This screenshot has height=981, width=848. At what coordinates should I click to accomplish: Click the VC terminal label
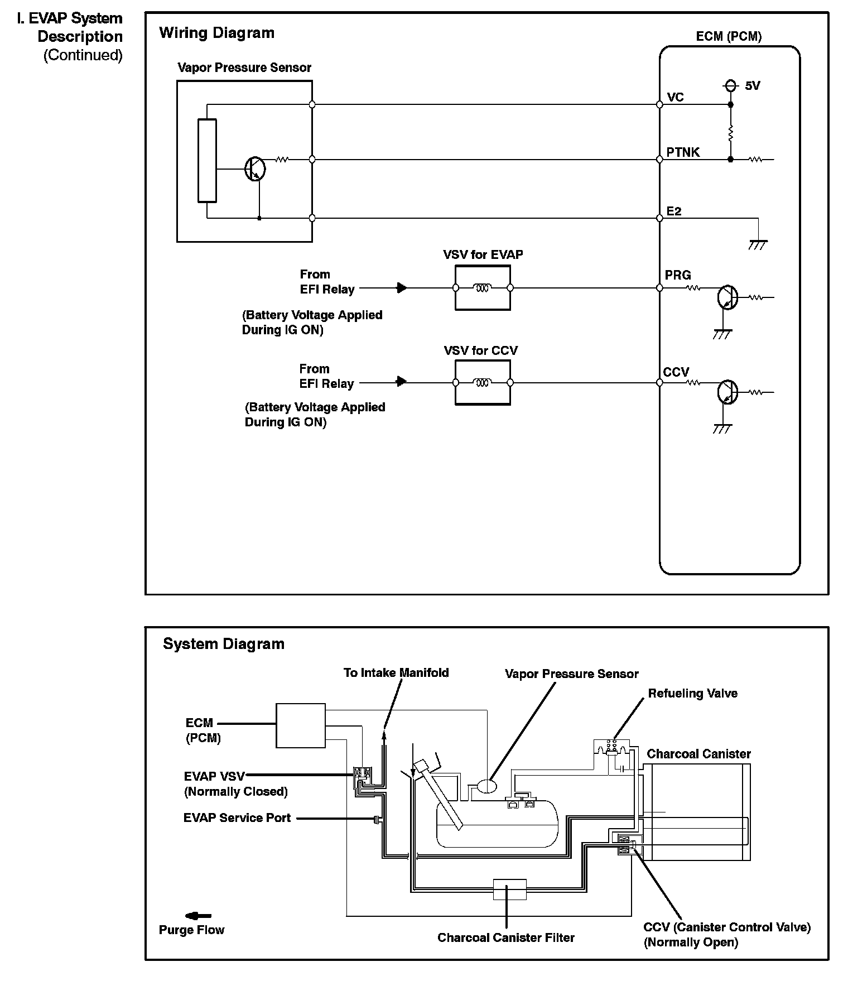[675, 97]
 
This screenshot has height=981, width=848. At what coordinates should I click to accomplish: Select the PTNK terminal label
[683, 152]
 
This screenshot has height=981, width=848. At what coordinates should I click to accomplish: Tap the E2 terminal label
[674, 211]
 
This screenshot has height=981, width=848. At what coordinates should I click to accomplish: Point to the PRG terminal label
[678, 275]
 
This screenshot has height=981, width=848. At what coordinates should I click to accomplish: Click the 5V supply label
[752, 86]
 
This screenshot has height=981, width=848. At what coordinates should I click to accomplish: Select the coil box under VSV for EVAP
[483, 288]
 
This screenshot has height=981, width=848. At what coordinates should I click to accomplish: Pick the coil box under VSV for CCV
[483, 383]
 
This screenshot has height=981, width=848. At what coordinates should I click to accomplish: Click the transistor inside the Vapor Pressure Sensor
[256, 169]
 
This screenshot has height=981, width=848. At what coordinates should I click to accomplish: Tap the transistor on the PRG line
[727, 297]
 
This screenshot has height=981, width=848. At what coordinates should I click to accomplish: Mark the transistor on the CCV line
[727, 392]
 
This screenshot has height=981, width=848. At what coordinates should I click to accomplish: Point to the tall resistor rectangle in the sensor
[207, 161]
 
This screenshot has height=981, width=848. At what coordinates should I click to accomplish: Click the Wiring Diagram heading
[216, 33]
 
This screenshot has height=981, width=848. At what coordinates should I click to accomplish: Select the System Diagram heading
[223, 644]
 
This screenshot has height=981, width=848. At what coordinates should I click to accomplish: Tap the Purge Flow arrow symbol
[198, 916]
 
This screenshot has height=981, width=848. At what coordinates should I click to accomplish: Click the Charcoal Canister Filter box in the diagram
[509, 889]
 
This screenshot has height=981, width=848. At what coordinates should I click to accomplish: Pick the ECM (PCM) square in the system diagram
[301, 725]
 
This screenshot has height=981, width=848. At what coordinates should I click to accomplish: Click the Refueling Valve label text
[692, 693]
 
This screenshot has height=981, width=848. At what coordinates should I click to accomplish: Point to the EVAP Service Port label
[237, 817]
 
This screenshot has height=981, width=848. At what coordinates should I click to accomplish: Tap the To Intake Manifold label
[396, 673]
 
